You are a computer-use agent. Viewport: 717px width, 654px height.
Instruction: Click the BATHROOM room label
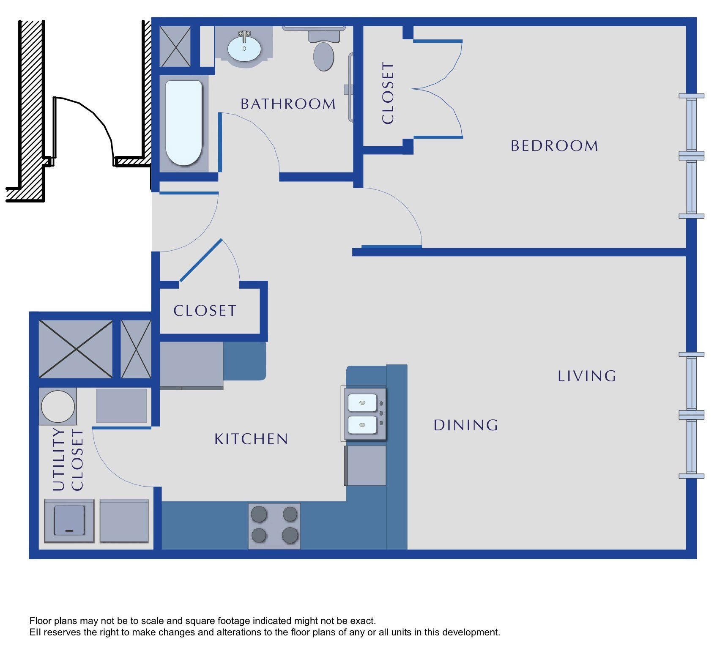coord(288,104)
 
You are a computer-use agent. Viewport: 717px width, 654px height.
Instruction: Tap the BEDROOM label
coord(555,146)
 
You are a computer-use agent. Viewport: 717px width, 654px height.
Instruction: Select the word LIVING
coord(587,376)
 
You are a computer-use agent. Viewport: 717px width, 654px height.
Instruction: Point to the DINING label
coord(466,425)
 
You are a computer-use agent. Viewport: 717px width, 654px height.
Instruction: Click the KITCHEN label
coord(251,439)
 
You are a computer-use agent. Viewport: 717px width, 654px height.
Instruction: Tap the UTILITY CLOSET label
coord(68,460)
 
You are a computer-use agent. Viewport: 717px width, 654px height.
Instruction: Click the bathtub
coord(183,123)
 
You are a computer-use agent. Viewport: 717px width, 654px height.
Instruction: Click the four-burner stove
coord(274,526)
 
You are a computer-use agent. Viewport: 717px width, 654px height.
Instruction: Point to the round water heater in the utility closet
coord(58,406)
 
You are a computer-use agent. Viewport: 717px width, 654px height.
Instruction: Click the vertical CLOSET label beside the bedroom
coord(388,93)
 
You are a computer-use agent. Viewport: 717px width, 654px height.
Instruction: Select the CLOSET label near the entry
coord(205,311)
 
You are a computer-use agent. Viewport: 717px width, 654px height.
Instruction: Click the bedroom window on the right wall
coord(692,156)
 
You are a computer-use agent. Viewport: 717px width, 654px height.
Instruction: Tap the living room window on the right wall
coord(692,415)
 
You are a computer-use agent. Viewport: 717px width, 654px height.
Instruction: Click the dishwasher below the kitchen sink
coord(366,465)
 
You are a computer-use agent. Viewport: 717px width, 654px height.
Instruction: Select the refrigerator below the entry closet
coord(192,366)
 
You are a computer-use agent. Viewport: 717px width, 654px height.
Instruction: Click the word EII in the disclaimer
coord(35,632)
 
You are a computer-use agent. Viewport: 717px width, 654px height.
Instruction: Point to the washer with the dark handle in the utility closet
coord(69,521)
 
